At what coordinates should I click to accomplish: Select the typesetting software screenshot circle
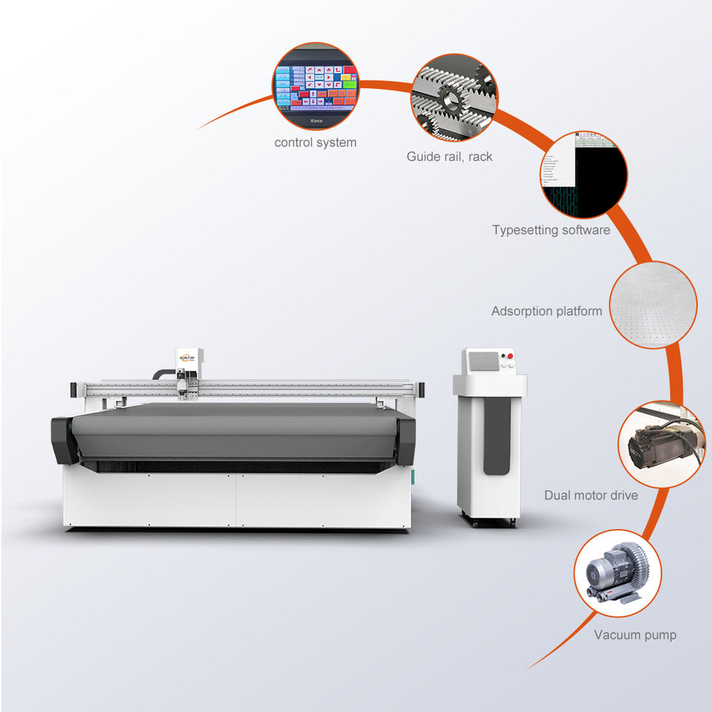tap(584, 175)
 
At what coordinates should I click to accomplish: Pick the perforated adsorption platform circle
tap(653, 305)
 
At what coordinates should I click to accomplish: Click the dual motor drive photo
tap(661, 445)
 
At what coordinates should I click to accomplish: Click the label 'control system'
tap(315, 142)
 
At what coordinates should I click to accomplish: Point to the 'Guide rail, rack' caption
tap(449, 156)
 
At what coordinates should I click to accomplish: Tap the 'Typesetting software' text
tap(551, 230)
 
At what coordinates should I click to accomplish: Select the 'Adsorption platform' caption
tap(547, 311)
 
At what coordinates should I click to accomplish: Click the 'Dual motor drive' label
tap(590, 495)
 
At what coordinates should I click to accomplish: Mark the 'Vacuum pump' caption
tap(635, 635)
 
